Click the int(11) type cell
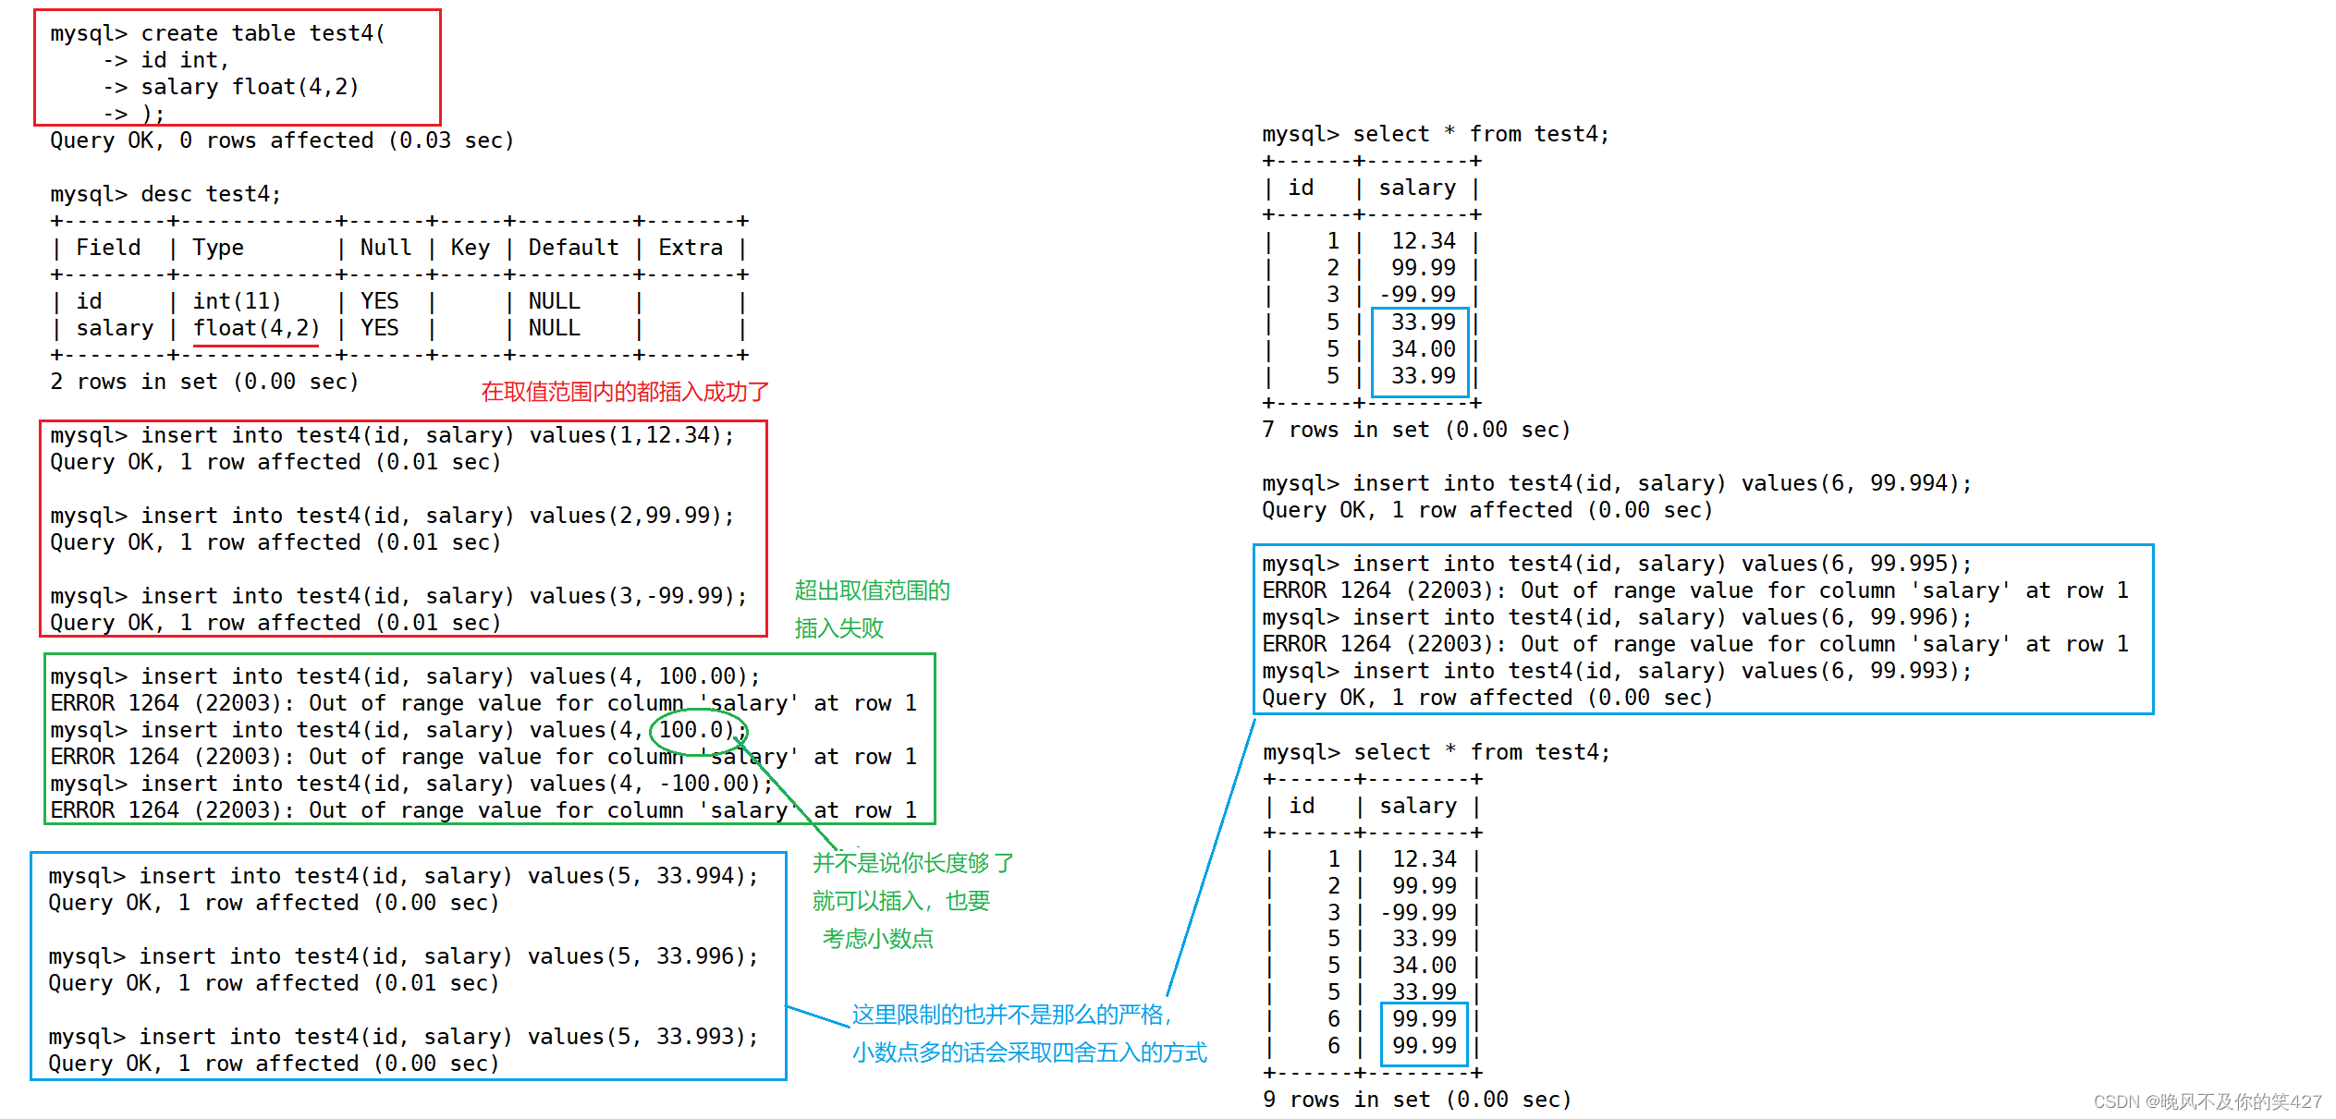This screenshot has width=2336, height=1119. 237,301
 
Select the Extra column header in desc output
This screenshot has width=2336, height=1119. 690,248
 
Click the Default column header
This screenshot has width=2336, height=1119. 573,248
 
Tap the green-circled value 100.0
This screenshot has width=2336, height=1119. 696,730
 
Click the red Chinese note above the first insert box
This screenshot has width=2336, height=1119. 625,392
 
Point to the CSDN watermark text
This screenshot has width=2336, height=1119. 2208,1101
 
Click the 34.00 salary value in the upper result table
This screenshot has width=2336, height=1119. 1423,349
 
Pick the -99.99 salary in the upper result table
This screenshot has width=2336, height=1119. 1417,295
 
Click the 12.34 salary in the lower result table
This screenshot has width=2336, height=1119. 1424,859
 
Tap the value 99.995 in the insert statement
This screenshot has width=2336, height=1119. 1908,564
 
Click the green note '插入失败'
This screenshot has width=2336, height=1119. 839,628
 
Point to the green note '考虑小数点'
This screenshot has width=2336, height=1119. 878,939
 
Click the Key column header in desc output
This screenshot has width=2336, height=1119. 470,248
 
